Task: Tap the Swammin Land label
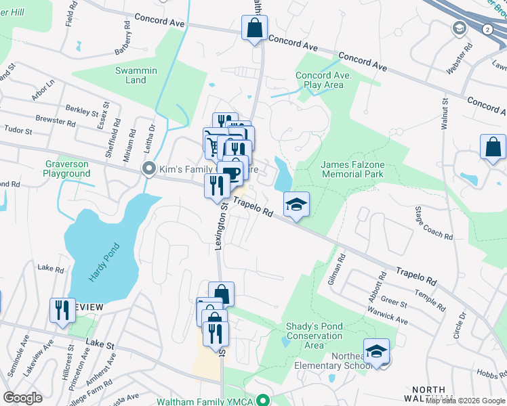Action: tap(136, 75)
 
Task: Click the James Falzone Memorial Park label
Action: tap(352, 169)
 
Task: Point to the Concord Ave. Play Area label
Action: tap(324, 80)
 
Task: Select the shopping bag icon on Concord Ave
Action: tap(254, 29)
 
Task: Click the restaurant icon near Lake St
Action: tap(62, 310)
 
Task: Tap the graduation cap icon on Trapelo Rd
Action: tap(296, 204)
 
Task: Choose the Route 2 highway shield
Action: tap(487, 30)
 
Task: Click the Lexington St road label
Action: tap(220, 230)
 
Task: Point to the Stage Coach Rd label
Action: tap(433, 224)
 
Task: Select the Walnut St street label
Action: tap(445, 115)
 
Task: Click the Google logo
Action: tap(22, 398)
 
